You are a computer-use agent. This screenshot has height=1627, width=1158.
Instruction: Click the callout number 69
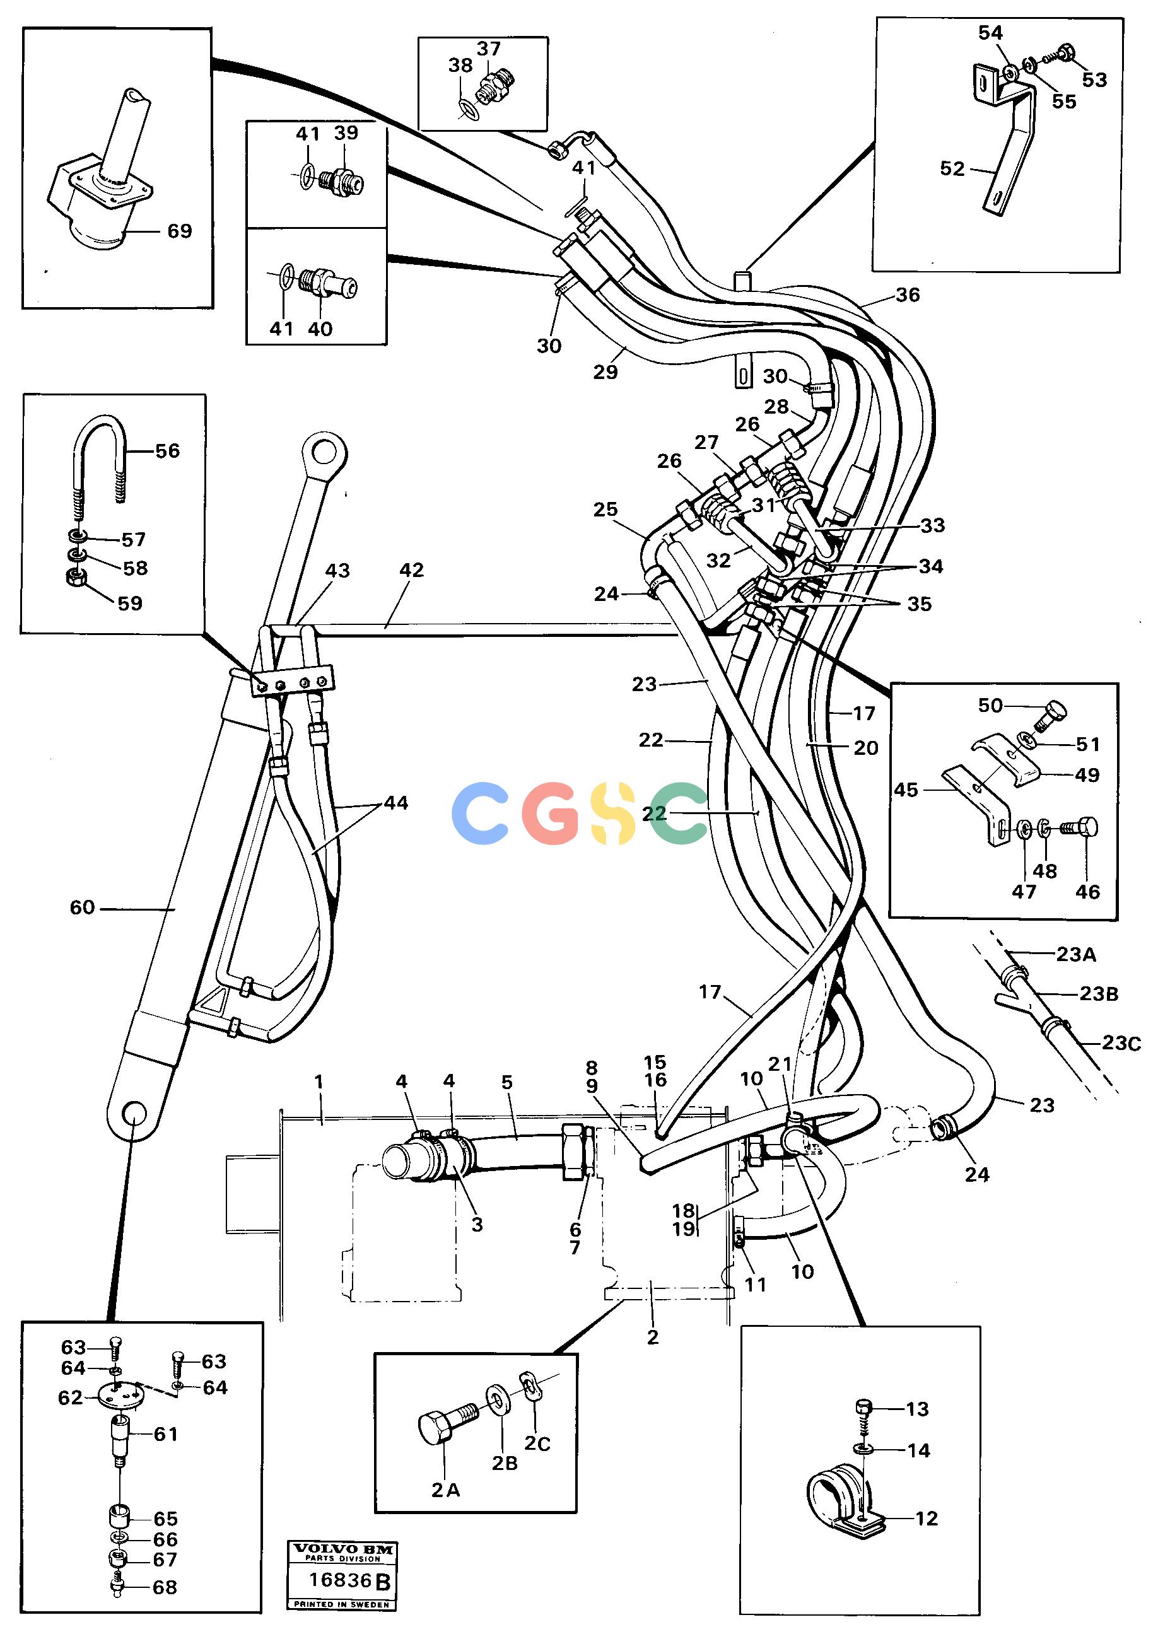click(180, 231)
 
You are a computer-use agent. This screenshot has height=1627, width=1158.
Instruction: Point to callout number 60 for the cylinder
click(82, 907)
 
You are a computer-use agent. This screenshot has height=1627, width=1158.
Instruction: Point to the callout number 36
click(908, 294)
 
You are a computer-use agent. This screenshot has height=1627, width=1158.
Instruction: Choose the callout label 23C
click(1121, 1043)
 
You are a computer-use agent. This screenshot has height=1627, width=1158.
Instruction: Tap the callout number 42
click(411, 569)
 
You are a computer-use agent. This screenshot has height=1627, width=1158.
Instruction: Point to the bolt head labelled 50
click(1052, 714)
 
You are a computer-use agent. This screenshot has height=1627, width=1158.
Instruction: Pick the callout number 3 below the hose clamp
click(477, 1223)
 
